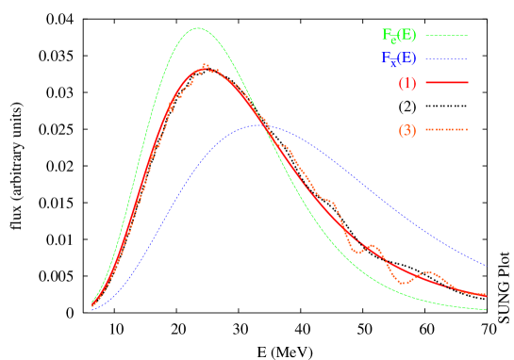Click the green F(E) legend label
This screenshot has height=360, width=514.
[x=399, y=36]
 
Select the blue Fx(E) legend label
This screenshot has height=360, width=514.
[x=399, y=58]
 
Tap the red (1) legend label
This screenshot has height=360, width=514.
[x=407, y=83]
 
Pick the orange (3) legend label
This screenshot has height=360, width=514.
[x=407, y=130]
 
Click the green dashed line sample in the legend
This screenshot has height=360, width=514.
[x=447, y=36]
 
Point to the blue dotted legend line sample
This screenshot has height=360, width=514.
[x=447, y=59]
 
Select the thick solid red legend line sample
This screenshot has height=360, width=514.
[x=447, y=83]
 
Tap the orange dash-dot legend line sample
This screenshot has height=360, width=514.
[x=447, y=130]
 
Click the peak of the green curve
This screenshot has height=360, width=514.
[x=198, y=28]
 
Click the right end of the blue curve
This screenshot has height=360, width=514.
[x=487, y=266]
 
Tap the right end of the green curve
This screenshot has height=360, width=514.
[x=487, y=309]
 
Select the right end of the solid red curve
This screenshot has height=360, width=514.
[x=487, y=295]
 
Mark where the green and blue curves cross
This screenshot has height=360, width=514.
[x=265, y=125]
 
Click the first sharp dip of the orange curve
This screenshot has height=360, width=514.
[x=358, y=254]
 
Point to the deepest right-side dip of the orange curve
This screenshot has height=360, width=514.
[x=403, y=283]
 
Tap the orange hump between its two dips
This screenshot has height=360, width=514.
[x=373, y=246]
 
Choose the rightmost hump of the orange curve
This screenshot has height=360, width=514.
[x=431, y=272]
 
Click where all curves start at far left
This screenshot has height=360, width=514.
[x=91, y=306]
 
